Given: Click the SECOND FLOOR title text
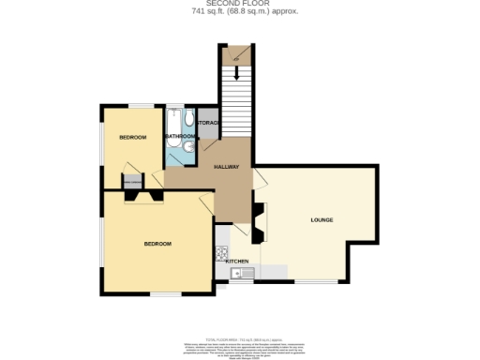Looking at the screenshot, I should (240, 4).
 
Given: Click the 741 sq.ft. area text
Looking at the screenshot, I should (240, 12).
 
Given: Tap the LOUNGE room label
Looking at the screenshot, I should (322, 219).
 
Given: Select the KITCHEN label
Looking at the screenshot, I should (236, 261).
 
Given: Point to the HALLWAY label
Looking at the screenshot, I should (226, 167).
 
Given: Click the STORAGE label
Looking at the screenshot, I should (208, 124).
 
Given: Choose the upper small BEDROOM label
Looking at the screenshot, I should (132, 138).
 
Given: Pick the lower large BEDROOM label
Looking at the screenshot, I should (157, 244).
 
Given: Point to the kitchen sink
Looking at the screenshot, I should (238, 273).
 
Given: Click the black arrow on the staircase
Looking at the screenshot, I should (237, 58).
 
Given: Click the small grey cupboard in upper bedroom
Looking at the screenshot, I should (132, 181).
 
